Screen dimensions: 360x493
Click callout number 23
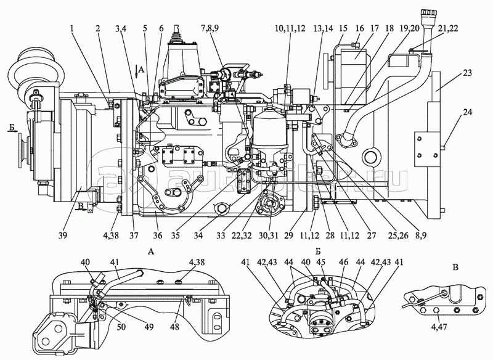coord(467,73)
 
